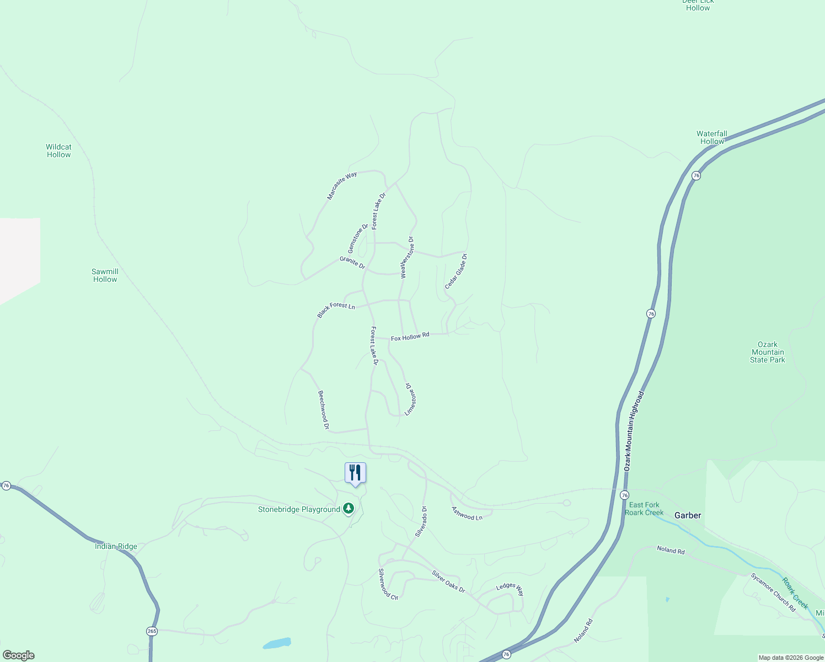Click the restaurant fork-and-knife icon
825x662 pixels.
[355, 473]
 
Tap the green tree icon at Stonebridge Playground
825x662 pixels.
[348, 508]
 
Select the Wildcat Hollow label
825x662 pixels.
[58, 151]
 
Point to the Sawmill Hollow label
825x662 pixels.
[105, 275]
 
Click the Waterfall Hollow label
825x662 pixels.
[711, 137]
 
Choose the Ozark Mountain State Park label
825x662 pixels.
[767, 352]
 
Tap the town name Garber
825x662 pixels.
[688, 515]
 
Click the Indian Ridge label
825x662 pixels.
[116, 546]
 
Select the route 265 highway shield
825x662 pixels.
[152, 631]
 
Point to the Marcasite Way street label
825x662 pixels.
[342, 185]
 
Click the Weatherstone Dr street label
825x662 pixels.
[407, 257]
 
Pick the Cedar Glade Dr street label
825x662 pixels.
[456, 271]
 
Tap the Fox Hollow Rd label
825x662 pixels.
[410, 337]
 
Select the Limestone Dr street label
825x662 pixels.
[410, 399]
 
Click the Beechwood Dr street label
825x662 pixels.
[323, 410]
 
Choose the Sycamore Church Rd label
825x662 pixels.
[773, 592]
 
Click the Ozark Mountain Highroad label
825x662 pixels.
[634, 431]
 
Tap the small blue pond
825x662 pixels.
[277, 643]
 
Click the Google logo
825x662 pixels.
[18, 655]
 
